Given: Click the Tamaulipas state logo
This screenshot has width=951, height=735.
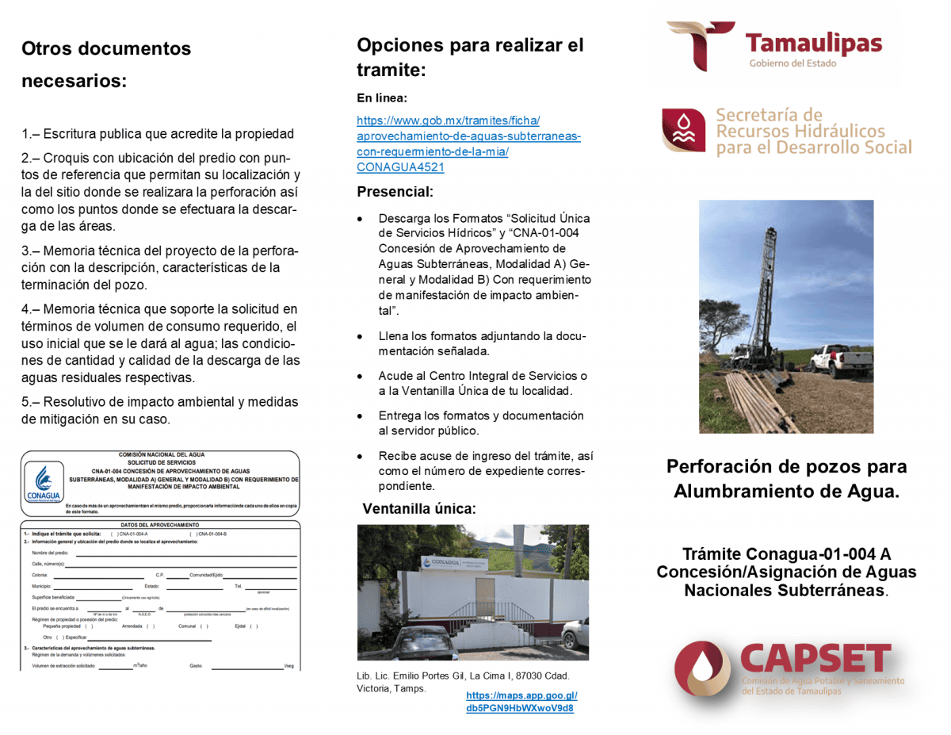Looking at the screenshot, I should click(x=774, y=47).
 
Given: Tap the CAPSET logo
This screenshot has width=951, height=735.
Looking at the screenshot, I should click(x=789, y=669).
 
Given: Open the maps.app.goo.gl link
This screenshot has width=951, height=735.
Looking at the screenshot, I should click(x=521, y=702).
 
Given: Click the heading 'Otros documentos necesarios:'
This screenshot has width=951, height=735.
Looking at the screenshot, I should click(x=106, y=64).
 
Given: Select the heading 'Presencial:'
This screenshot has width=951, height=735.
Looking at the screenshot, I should click(x=395, y=192).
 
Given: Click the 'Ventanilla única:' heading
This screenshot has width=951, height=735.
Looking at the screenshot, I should click(x=419, y=509).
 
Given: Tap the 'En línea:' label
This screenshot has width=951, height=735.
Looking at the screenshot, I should click(x=382, y=98).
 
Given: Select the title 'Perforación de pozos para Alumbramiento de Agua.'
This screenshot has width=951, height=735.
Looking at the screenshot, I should click(x=786, y=479).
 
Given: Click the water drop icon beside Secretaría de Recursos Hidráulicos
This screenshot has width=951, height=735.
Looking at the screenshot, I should click(x=683, y=130).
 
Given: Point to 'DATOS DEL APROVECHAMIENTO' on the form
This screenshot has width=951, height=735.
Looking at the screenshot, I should click(x=160, y=525).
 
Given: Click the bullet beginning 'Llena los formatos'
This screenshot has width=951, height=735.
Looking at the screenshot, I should click(x=482, y=343).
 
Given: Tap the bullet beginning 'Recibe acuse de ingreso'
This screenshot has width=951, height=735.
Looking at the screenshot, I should click(x=485, y=471).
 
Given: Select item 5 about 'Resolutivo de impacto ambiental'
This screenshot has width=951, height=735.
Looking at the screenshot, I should click(x=159, y=410).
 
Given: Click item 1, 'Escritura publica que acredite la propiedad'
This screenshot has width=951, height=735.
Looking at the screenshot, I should click(x=158, y=134).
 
